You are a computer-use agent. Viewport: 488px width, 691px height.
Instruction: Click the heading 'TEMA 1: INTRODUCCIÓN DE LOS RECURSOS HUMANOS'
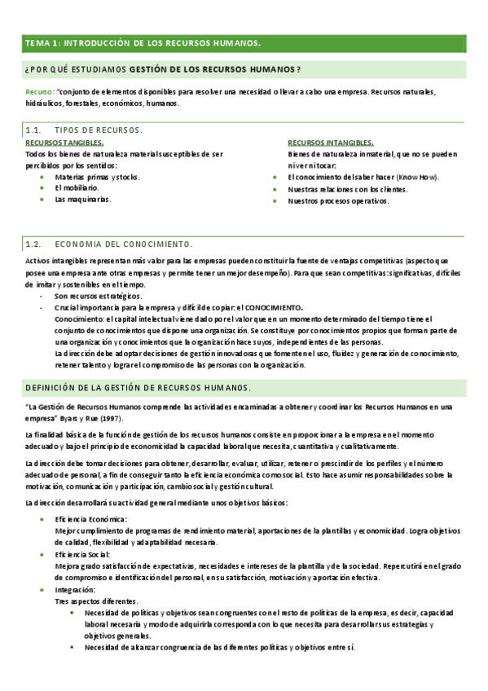(x=143, y=42)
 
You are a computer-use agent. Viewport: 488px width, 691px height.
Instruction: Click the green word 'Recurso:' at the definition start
(x=40, y=92)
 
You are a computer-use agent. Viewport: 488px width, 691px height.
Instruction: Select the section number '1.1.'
(x=33, y=130)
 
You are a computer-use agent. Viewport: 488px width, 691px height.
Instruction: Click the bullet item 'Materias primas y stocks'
(x=97, y=176)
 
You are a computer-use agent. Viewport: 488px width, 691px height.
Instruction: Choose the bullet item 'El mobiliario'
(x=77, y=187)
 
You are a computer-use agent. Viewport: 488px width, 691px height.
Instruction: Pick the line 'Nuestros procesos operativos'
(x=336, y=200)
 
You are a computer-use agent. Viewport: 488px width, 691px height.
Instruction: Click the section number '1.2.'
(x=33, y=244)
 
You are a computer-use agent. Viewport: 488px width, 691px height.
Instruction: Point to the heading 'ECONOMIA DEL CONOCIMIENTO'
(x=123, y=244)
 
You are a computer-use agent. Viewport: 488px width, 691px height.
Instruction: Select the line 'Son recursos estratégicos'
(x=97, y=297)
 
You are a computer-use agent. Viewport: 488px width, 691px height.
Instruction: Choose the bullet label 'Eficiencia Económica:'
(x=90, y=519)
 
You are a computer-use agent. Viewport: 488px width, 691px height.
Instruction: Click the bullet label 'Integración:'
(x=75, y=588)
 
